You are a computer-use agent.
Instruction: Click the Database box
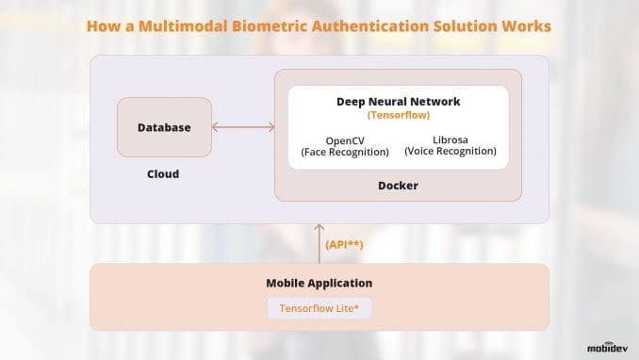tap(164, 127)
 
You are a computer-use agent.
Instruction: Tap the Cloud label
tap(163, 174)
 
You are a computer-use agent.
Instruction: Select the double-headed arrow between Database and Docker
tap(242, 127)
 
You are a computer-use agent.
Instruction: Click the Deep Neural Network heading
tap(398, 101)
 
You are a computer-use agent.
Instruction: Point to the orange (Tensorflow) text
tap(398, 116)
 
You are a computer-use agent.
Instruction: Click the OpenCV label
tap(345, 139)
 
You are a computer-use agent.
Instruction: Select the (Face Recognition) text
tap(345, 151)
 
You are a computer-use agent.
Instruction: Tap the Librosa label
tap(450, 139)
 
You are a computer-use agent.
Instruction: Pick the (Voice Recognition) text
tap(450, 151)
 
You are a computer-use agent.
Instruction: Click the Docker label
tap(397, 186)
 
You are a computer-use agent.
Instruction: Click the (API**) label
tap(346, 244)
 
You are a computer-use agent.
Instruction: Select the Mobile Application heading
tap(319, 283)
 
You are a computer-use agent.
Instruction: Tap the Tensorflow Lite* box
tap(319, 308)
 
